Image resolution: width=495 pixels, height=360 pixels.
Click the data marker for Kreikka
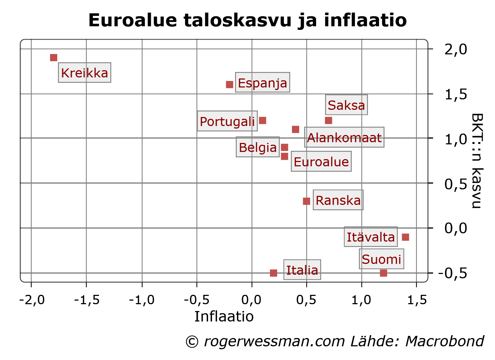(x=54, y=58)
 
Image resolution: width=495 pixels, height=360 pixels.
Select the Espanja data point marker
(x=229, y=85)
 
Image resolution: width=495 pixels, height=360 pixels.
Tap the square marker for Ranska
(x=306, y=201)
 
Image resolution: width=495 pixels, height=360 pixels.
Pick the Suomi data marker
(x=383, y=273)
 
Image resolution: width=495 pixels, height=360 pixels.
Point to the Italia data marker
(x=274, y=273)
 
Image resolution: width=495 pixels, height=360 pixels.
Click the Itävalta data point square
(x=405, y=237)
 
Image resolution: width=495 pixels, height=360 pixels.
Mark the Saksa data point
(x=328, y=120)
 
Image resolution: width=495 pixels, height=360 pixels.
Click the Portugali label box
(x=227, y=121)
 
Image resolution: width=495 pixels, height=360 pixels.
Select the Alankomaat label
(x=344, y=138)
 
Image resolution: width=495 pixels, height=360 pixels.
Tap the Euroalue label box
(x=321, y=162)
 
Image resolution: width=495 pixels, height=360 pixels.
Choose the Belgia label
(x=258, y=147)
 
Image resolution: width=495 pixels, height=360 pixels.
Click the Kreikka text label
(x=85, y=73)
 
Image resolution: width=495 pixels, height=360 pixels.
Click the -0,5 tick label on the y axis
(x=453, y=273)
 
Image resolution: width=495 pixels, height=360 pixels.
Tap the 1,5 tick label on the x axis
(x=417, y=300)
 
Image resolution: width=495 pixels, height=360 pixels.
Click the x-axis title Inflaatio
(x=224, y=316)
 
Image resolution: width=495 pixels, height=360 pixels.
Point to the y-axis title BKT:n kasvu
(x=477, y=161)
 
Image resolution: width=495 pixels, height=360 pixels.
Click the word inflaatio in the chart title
(x=365, y=20)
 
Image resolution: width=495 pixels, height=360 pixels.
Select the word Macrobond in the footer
(x=445, y=341)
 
